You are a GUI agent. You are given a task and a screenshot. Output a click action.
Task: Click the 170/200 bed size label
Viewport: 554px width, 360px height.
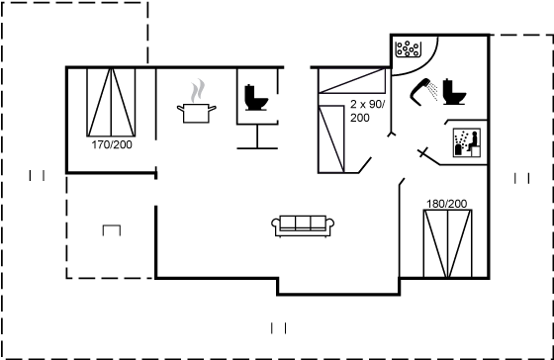tap(112, 144)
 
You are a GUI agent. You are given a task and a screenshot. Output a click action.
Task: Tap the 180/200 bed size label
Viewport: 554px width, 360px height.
tap(446, 204)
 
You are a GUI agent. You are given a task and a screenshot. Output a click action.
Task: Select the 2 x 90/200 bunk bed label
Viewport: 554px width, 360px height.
tap(368, 111)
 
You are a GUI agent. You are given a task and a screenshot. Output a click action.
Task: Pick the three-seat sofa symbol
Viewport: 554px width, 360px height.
tap(303, 226)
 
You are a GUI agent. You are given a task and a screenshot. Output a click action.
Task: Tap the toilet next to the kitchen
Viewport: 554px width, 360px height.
tap(256, 98)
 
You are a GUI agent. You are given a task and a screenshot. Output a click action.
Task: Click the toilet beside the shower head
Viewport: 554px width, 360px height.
tap(454, 92)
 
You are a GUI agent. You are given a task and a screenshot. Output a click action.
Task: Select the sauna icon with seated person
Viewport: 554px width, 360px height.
tap(467, 142)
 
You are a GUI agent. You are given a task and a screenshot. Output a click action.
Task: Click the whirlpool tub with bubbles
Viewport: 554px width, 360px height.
tap(408, 49)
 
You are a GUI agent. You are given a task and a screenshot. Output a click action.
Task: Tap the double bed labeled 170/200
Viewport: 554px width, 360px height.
tap(111, 102)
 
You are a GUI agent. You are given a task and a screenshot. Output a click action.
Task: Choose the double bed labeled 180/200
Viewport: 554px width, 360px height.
tap(447, 243)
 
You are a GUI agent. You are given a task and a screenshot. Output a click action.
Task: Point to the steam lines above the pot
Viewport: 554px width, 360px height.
tap(198, 90)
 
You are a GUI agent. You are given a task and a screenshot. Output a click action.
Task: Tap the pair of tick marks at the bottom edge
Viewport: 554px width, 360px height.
tap(278, 328)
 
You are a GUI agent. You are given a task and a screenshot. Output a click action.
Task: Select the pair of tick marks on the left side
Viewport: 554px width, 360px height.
tap(37, 176)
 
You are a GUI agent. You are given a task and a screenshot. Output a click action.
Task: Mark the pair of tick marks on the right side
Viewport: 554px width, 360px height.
tap(522, 178)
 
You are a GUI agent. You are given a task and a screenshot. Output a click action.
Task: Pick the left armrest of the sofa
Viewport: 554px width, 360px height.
tap(276, 225)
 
